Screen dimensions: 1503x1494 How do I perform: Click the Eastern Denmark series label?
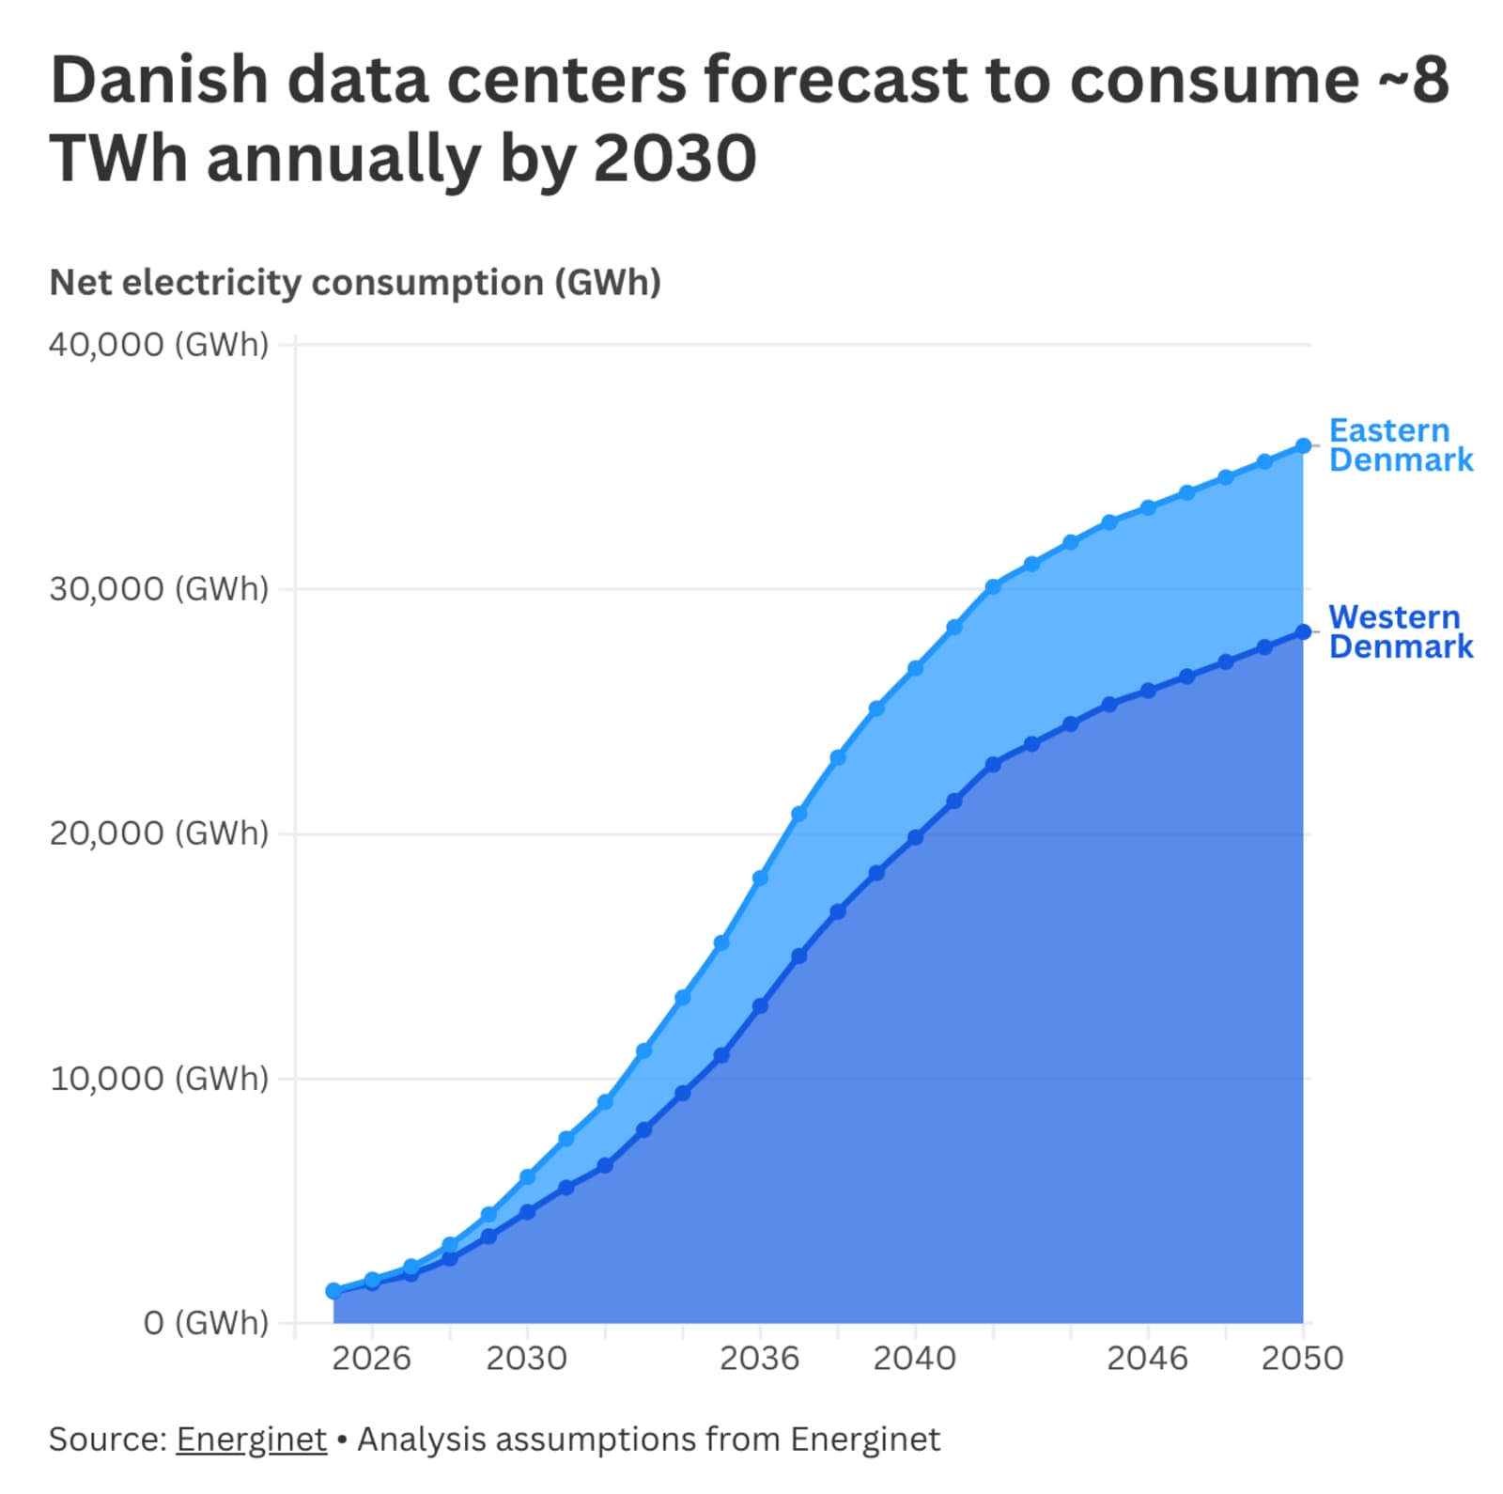(1401, 444)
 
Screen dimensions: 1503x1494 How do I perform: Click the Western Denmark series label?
(1401, 630)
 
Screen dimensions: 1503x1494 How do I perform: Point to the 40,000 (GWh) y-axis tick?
(159, 345)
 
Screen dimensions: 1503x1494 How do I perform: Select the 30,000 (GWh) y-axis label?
(159, 589)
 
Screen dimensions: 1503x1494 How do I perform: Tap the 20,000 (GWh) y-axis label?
(159, 833)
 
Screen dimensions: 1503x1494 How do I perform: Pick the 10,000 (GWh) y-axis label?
(159, 1078)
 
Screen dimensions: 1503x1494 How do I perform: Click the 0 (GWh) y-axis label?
(206, 1322)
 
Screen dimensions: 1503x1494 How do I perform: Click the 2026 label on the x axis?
(372, 1358)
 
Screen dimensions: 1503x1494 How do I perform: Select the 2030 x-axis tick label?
(527, 1358)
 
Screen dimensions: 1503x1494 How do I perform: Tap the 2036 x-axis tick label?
(759, 1358)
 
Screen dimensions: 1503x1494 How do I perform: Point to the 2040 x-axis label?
(914, 1358)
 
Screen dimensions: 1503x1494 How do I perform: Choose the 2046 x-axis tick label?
(1147, 1358)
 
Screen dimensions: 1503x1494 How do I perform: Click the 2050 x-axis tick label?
(1302, 1358)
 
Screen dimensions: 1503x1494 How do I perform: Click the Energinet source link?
(252, 1440)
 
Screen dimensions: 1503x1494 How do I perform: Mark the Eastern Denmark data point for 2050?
(1303, 445)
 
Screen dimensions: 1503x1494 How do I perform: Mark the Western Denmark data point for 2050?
(1303, 632)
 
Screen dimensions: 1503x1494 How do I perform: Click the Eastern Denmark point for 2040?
(915, 668)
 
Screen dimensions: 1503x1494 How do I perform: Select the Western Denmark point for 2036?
(760, 1005)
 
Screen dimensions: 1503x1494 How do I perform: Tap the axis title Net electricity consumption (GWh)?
(355, 283)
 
